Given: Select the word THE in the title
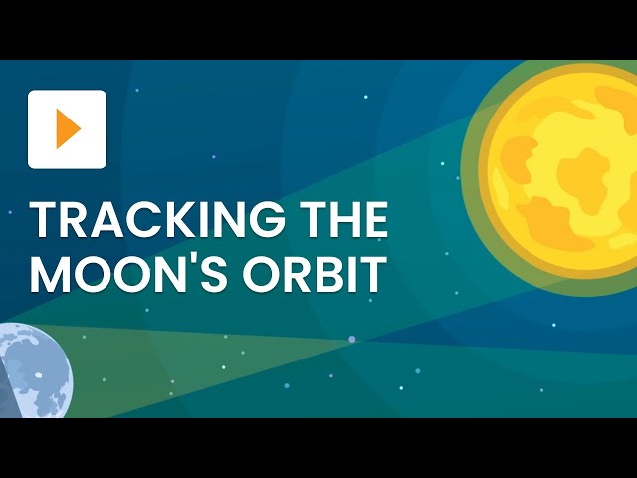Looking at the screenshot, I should (x=337, y=220).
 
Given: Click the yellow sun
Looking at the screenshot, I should (x=563, y=176).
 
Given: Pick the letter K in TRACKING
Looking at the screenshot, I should (x=173, y=220).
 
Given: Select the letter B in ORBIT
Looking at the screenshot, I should (x=326, y=274).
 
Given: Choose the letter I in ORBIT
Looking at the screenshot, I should (x=350, y=274).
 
